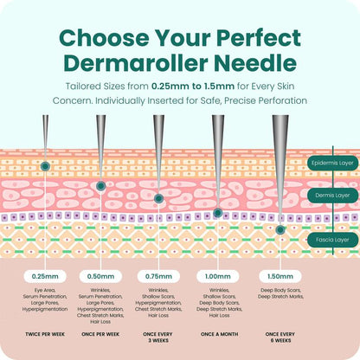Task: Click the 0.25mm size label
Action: click(45, 276)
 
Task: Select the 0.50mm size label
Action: click(100, 276)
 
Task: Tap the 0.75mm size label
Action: click(158, 276)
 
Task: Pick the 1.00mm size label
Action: click(218, 276)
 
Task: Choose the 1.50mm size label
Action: click(280, 276)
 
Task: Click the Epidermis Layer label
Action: click(332, 163)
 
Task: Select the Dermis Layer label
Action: click(332, 196)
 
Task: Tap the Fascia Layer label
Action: click(332, 240)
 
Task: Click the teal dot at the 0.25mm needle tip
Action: click(45, 166)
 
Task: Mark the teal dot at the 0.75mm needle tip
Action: click(158, 198)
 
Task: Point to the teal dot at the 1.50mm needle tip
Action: click(280, 230)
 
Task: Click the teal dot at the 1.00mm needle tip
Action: click(218, 213)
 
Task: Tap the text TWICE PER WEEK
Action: click(45, 334)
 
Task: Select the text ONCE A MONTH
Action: click(220, 334)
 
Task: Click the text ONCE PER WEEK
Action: click(100, 334)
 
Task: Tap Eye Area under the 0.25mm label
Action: click(45, 290)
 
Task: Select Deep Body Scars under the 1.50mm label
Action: click(280, 290)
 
